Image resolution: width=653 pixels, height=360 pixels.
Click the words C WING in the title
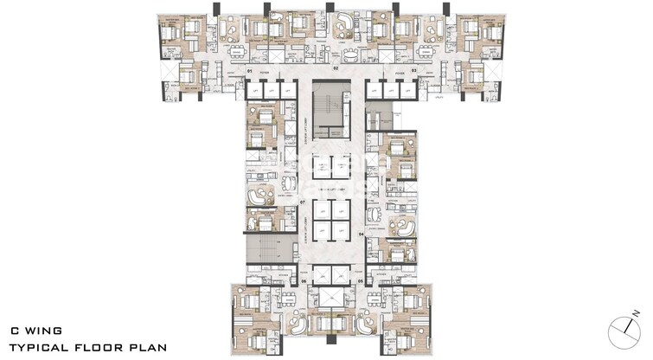[x=35, y=330]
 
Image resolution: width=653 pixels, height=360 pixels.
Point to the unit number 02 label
[x=335, y=67]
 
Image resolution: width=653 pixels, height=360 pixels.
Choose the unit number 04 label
[x=361, y=234]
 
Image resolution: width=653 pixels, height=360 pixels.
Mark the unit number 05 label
[x=360, y=282]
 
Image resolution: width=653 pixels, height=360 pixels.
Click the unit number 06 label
[x=304, y=282]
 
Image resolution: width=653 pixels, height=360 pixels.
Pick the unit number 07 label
[x=303, y=202]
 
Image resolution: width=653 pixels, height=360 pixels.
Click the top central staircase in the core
[x=327, y=112]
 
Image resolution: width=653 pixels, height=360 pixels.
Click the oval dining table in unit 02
[x=349, y=51]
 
